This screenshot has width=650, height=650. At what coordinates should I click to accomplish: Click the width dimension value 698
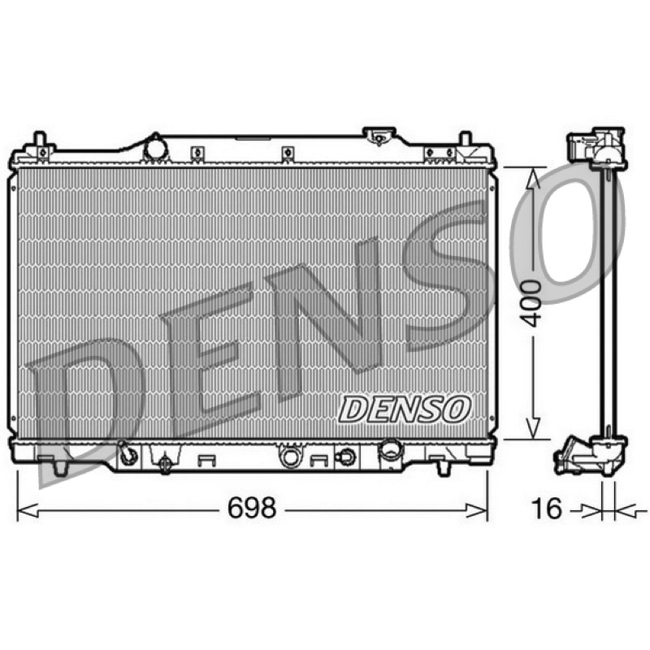click(252, 509)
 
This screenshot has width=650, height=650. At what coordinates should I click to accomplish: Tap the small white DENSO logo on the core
click(405, 409)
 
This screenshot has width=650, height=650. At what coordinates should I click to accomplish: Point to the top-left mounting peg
click(39, 139)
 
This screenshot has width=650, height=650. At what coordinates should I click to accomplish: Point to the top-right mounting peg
click(466, 139)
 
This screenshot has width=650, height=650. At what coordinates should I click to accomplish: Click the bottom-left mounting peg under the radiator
click(60, 466)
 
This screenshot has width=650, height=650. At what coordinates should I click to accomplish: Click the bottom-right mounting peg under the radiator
click(444, 466)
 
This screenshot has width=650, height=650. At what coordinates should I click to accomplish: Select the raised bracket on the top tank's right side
click(379, 136)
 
